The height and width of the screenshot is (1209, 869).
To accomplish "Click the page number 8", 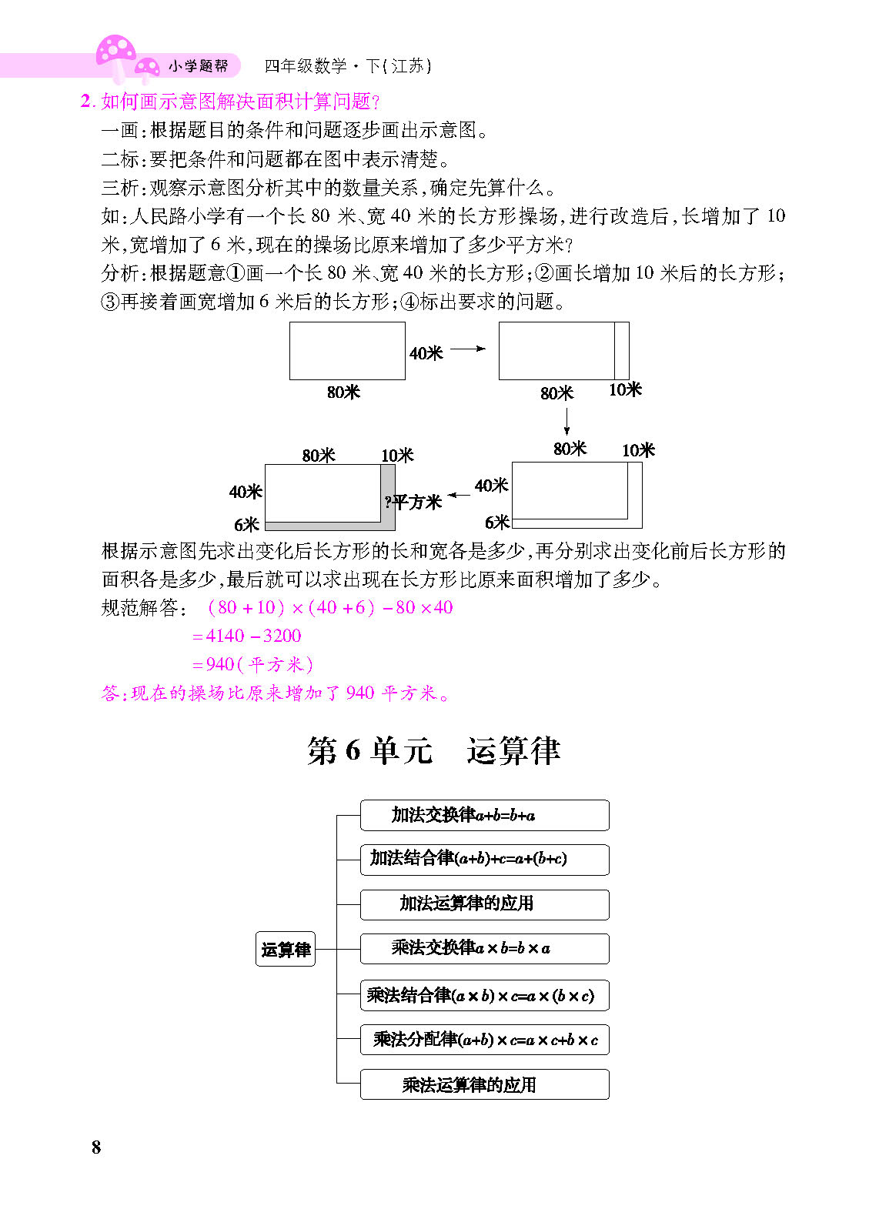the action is [96, 1147].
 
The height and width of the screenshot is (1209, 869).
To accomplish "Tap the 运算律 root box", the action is [285, 948].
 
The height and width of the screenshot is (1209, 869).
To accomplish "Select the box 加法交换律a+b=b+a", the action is [484, 815].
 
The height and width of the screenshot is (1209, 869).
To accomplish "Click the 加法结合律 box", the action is [484, 860].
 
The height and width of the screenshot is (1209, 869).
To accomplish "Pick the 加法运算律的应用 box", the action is [484, 904].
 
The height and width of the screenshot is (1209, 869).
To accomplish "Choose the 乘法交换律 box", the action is [484, 949].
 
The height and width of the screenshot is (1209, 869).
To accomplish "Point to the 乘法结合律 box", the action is [484, 995].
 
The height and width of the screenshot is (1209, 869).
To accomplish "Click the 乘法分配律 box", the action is [484, 1040].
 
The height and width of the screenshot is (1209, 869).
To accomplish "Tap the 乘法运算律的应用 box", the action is [484, 1084].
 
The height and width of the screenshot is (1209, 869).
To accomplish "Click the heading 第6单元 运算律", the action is [434, 750].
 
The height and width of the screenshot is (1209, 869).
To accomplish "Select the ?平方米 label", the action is [413, 503].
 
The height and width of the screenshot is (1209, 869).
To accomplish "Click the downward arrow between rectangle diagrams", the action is [567, 422].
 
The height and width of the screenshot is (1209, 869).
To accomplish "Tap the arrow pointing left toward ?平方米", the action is [459, 495].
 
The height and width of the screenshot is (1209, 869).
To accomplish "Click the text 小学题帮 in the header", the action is [198, 66].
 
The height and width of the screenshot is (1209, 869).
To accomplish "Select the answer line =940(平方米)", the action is [252, 664].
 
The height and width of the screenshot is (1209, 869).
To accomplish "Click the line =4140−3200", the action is [246, 636].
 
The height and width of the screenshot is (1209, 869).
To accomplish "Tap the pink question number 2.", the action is [86, 101].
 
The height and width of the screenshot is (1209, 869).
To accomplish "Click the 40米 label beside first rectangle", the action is [426, 353].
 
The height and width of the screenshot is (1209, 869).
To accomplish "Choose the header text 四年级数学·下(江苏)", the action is [348, 66].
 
